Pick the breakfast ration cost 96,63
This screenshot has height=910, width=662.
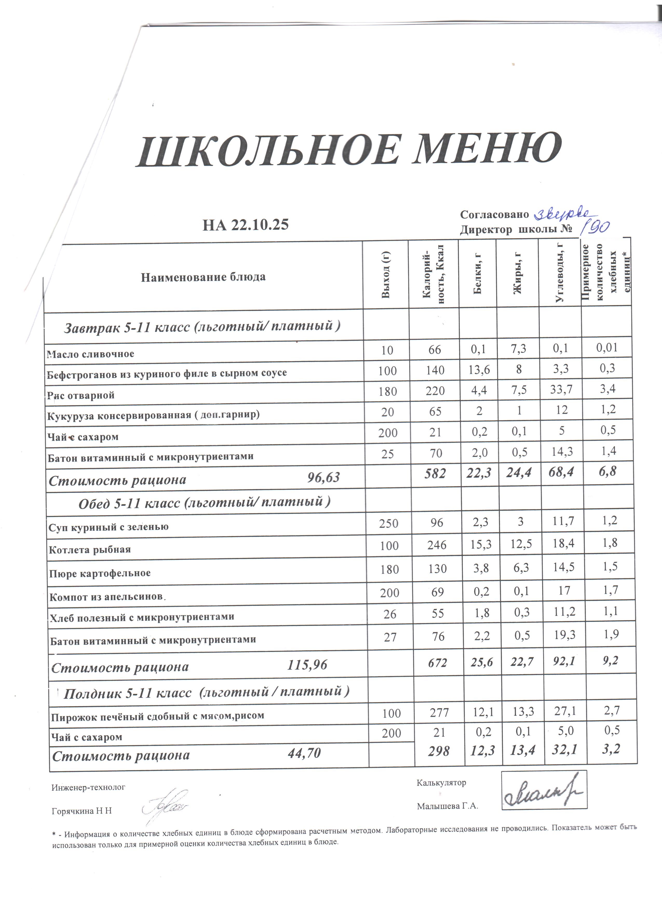pyautogui.click(x=323, y=478)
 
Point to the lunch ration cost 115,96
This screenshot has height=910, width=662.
pyautogui.click(x=307, y=665)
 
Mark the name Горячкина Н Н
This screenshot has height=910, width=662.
pyautogui.click(x=82, y=811)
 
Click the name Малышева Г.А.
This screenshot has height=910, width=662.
pyautogui.click(x=447, y=806)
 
